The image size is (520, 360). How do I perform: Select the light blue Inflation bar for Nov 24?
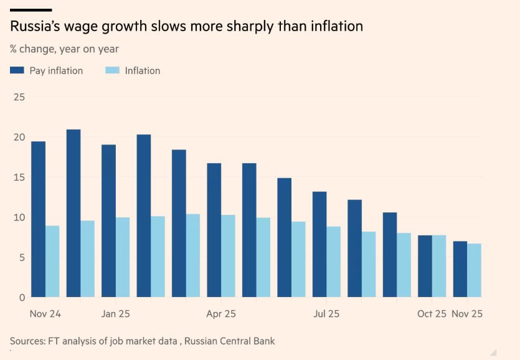52,261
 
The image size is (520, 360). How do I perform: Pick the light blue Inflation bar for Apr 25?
228,256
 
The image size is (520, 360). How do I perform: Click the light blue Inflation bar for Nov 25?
475,270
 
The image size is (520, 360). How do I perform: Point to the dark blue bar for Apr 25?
214,230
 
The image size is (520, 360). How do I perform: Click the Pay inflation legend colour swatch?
17,71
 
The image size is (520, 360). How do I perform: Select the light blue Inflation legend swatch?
111,71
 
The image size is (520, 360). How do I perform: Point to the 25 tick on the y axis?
19,97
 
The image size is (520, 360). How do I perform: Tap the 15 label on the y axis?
19,178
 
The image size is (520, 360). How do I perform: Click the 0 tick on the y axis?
21,297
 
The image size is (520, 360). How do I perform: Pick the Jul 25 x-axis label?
326,314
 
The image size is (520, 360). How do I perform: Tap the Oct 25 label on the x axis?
432,314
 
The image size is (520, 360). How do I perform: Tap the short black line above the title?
31,10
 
